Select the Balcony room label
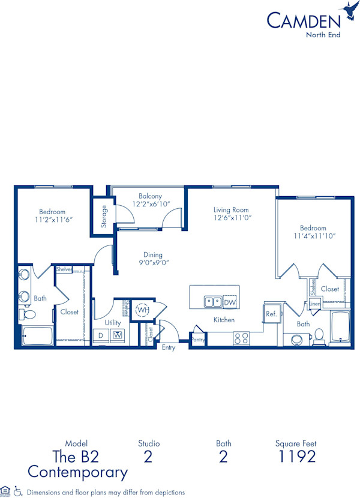coord(150,196)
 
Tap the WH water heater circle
coord(142,310)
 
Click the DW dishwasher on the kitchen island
coord(229,302)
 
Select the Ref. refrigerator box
coord(271,313)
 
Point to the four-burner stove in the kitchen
coord(241,338)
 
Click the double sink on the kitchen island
coord(212,302)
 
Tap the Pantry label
coord(198,340)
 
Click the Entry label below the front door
coord(169,348)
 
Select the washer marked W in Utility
coord(118,335)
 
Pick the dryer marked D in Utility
coord(101,335)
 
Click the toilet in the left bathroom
coord(27,314)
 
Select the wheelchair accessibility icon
coord(17,491)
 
